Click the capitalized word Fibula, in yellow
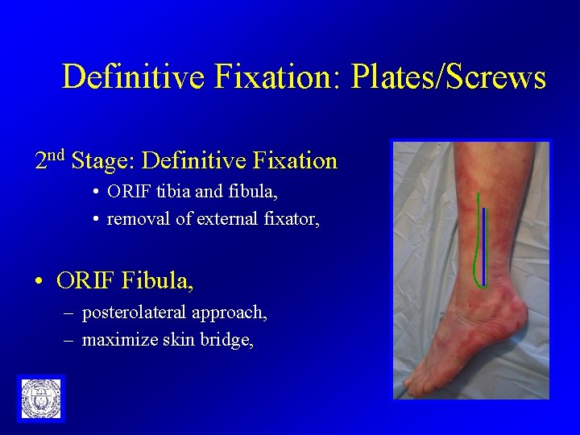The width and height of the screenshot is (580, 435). coord(158,280)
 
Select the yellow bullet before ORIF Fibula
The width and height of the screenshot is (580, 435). coord(39,282)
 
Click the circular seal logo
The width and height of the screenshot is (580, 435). coord(40,398)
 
